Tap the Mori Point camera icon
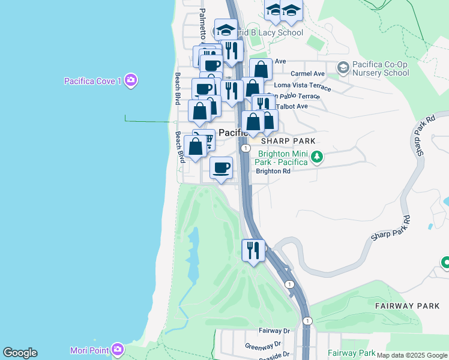[118, 349]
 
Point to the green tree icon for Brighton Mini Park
[317, 158]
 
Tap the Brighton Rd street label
[273, 171]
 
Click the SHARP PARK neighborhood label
[288, 140]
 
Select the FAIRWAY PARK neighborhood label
[408, 306]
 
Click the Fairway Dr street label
[274, 331]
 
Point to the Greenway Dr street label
[263, 346]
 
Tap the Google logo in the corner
[20, 353]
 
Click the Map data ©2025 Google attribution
[412, 356]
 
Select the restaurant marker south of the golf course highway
[253, 249]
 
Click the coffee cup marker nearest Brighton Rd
[221, 167]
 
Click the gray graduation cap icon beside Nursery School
[343, 67]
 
